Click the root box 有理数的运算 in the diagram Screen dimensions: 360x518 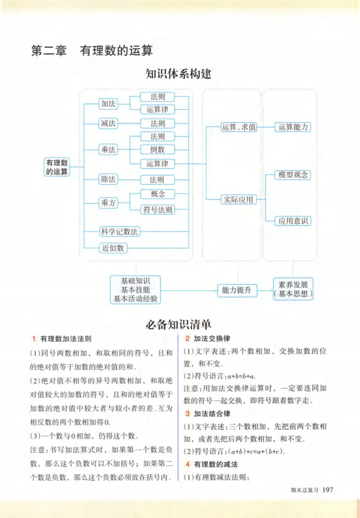coord(58,167)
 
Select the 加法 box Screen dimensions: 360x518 coord(108,103)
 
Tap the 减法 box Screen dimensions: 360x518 coord(108,123)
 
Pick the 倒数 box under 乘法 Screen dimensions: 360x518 coord(157,150)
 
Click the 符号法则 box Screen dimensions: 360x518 coord(157,209)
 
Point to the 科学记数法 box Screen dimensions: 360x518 coord(119,232)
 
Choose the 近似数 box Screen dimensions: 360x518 coord(113,248)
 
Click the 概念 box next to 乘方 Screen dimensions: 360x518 coord(157,194)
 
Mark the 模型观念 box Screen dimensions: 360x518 coord(293,175)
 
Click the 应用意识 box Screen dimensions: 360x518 coord(293,221)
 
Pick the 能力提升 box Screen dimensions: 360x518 coord(237,290)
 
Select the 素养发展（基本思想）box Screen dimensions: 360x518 coord(293,290)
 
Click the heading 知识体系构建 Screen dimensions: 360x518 coord(178,74)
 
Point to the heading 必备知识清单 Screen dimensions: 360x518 coord(178,324)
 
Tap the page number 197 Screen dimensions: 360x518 coord(328,490)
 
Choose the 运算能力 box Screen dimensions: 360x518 coord(293,127)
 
